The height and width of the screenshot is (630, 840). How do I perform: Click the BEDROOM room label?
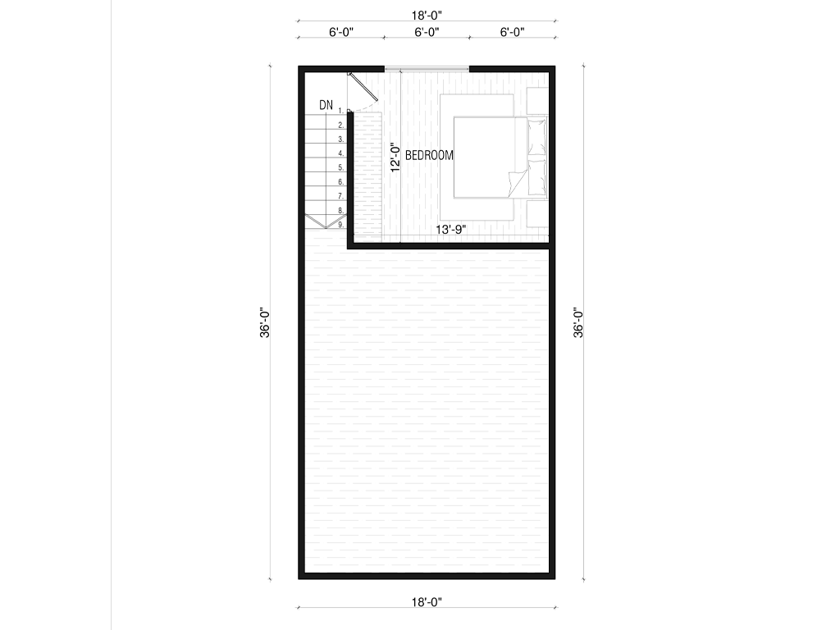click(x=429, y=155)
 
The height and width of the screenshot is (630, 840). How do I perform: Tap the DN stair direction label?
click(x=326, y=105)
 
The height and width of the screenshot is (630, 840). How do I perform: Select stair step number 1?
click(x=340, y=111)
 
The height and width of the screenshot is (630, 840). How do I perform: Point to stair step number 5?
click(x=340, y=167)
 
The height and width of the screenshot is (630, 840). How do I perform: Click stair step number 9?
click(x=340, y=225)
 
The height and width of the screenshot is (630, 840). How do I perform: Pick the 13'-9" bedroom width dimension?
click(x=450, y=230)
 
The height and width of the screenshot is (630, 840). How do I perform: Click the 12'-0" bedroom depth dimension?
click(x=395, y=157)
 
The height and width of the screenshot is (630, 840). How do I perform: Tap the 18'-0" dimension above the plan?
click(x=427, y=15)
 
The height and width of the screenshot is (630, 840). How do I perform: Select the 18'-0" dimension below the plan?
click(x=427, y=602)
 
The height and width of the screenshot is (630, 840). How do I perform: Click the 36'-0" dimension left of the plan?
click(x=265, y=322)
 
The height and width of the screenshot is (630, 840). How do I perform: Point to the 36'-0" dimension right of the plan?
click(x=578, y=322)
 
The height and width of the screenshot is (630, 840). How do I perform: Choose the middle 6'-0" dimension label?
click(x=427, y=32)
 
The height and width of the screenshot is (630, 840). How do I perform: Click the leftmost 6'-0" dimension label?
click(x=341, y=32)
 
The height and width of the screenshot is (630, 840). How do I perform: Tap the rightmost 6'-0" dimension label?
click(x=512, y=32)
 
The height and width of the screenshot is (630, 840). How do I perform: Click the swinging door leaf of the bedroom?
click(x=363, y=86)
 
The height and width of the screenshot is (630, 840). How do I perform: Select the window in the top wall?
click(x=427, y=69)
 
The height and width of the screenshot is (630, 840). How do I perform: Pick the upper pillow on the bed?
click(x=536, y=137)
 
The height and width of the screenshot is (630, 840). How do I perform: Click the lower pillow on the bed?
click(x=536, y=177)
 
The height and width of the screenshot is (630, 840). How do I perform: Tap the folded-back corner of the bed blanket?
click(x=517, y=184)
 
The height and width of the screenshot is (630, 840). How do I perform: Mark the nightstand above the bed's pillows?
click(x=537, y=101)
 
